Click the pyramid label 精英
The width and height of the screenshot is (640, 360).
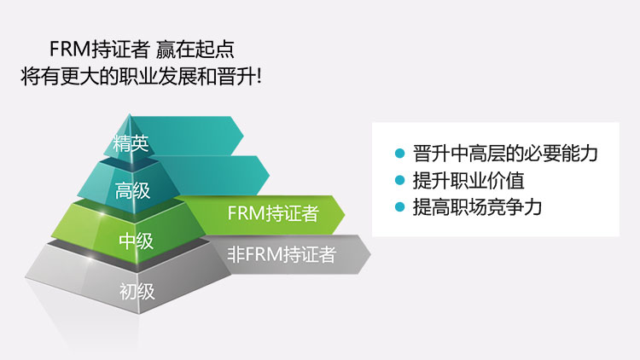[x=131, y=143]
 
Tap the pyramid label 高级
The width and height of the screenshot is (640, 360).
[x=132, y=190]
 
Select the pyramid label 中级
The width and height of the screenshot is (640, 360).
[x=137, y=241]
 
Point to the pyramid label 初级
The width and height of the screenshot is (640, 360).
[x=137, y=292]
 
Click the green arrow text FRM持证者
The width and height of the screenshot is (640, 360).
[x=273, y=213]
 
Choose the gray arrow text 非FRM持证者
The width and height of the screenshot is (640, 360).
[x=282, y=254]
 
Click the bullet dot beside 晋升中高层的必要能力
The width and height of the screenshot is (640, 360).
[x=400, y=154]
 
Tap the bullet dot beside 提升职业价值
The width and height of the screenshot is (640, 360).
[x=400, y=180]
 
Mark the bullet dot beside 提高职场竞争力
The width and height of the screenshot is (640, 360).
[x=400, y=206]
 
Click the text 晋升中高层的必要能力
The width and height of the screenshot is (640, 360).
[x=505, y=154]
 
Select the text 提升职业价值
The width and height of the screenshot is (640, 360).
[x=468, y=180]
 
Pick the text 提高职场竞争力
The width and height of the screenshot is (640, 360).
[x=478, y=207]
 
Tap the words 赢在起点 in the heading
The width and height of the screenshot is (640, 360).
[x=195, y=49]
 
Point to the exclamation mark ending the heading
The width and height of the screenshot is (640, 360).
[x=258, y=76]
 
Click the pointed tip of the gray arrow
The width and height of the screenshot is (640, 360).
[x=370, y=255]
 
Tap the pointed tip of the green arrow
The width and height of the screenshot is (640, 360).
[x=345, y=214]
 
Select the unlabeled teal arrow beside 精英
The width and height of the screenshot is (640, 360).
[x=192, y=136]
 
